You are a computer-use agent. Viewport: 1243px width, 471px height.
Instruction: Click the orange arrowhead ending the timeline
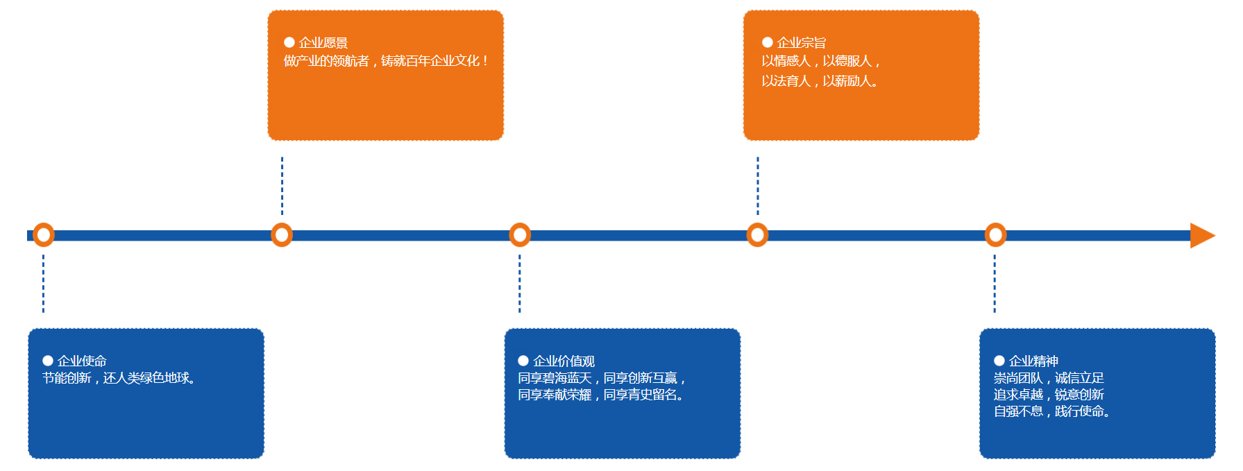[x=1201, y=235]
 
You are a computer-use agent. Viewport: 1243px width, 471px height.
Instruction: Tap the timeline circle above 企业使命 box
[x=44, y=235]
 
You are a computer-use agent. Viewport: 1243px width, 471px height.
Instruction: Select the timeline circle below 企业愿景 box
[x=282, y=235]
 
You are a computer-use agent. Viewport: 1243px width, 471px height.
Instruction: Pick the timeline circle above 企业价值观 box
[x=520, y=235]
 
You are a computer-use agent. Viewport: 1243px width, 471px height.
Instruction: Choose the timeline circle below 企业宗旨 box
[x=757, y=235]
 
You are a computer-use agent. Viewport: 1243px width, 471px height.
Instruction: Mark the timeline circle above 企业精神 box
[x=995, y=235]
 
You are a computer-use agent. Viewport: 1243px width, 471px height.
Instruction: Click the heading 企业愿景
[x=323, y=43]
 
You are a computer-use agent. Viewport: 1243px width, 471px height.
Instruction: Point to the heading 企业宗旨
[x=802, y=43]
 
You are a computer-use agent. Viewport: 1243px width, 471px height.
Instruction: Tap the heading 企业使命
[x=82, y=361]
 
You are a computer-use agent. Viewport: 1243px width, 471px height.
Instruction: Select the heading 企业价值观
[x=564, y=361]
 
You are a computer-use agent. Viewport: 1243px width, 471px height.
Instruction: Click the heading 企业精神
[x=1033, y=361]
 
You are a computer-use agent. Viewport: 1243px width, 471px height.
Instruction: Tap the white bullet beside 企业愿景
[x=289, y=42]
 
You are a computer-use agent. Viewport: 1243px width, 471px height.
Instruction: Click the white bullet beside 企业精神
[x=999, y=361]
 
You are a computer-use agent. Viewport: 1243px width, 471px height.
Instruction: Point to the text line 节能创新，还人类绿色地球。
[x=119, y=378]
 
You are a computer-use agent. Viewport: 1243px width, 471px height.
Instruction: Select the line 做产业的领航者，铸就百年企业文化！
[x=386, y=61]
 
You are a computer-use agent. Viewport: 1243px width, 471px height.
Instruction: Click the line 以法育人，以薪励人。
[x=820, y=81]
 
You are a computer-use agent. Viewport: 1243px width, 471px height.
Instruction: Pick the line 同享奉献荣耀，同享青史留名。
[x=601, y=395]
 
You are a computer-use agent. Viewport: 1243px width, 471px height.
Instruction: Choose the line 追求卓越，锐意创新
[x=1049, y=395]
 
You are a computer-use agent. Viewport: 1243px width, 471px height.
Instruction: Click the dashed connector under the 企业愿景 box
[x=282, y=185]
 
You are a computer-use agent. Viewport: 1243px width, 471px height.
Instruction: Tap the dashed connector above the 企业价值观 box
[x=520, y=284]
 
